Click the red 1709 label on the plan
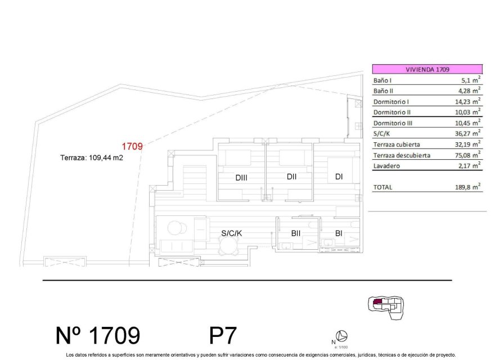(x=132, y=146)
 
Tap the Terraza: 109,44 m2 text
(x=91, y=158)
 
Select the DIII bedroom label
(x=241, y=178)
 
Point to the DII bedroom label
(x=291, y=177)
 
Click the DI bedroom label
(x=339, y=177)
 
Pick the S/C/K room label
(x=231, y=233)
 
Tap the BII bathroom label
(x=295, y=233)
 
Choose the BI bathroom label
(x=339, y=233)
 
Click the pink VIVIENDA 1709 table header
(x=427, y=69)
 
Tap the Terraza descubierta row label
(x=402, y=155)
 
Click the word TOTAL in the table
(x=383, y=187)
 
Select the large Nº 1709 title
(x=98, y=335)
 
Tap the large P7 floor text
(x=223, y=336)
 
